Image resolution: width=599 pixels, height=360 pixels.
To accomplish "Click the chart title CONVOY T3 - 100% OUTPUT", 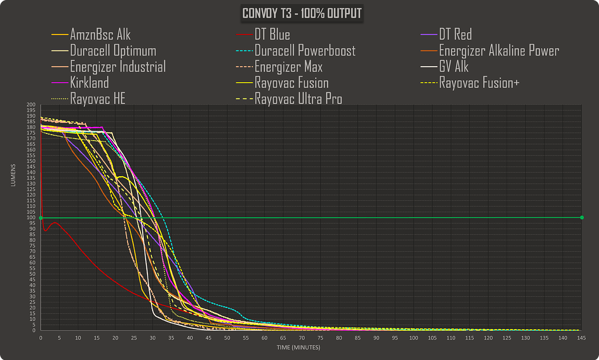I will click(302, 13).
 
